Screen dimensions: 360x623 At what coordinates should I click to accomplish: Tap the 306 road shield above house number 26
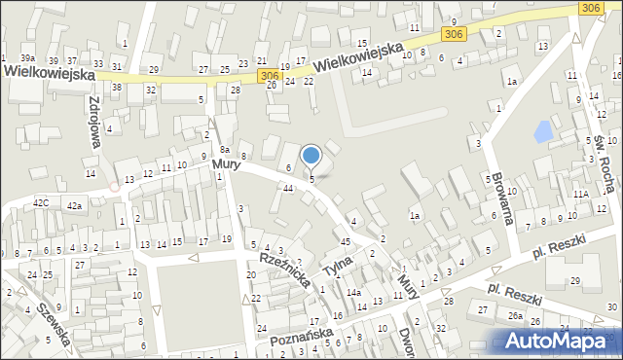(x=271, y=75)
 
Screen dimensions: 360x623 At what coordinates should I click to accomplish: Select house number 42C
(x=41, y=203)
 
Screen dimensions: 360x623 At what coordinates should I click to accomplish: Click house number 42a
(x=74, y=205)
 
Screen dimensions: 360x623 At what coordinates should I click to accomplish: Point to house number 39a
(x=27, y=59)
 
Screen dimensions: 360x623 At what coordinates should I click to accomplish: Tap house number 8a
(x=224, y=149)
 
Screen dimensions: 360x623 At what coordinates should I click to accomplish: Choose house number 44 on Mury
(x=288, y=187)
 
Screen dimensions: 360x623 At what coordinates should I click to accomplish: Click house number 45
(x=346, y=240)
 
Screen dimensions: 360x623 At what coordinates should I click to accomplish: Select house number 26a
(x=514, y=316)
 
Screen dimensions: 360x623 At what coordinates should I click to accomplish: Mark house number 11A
(x=580, y=195)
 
